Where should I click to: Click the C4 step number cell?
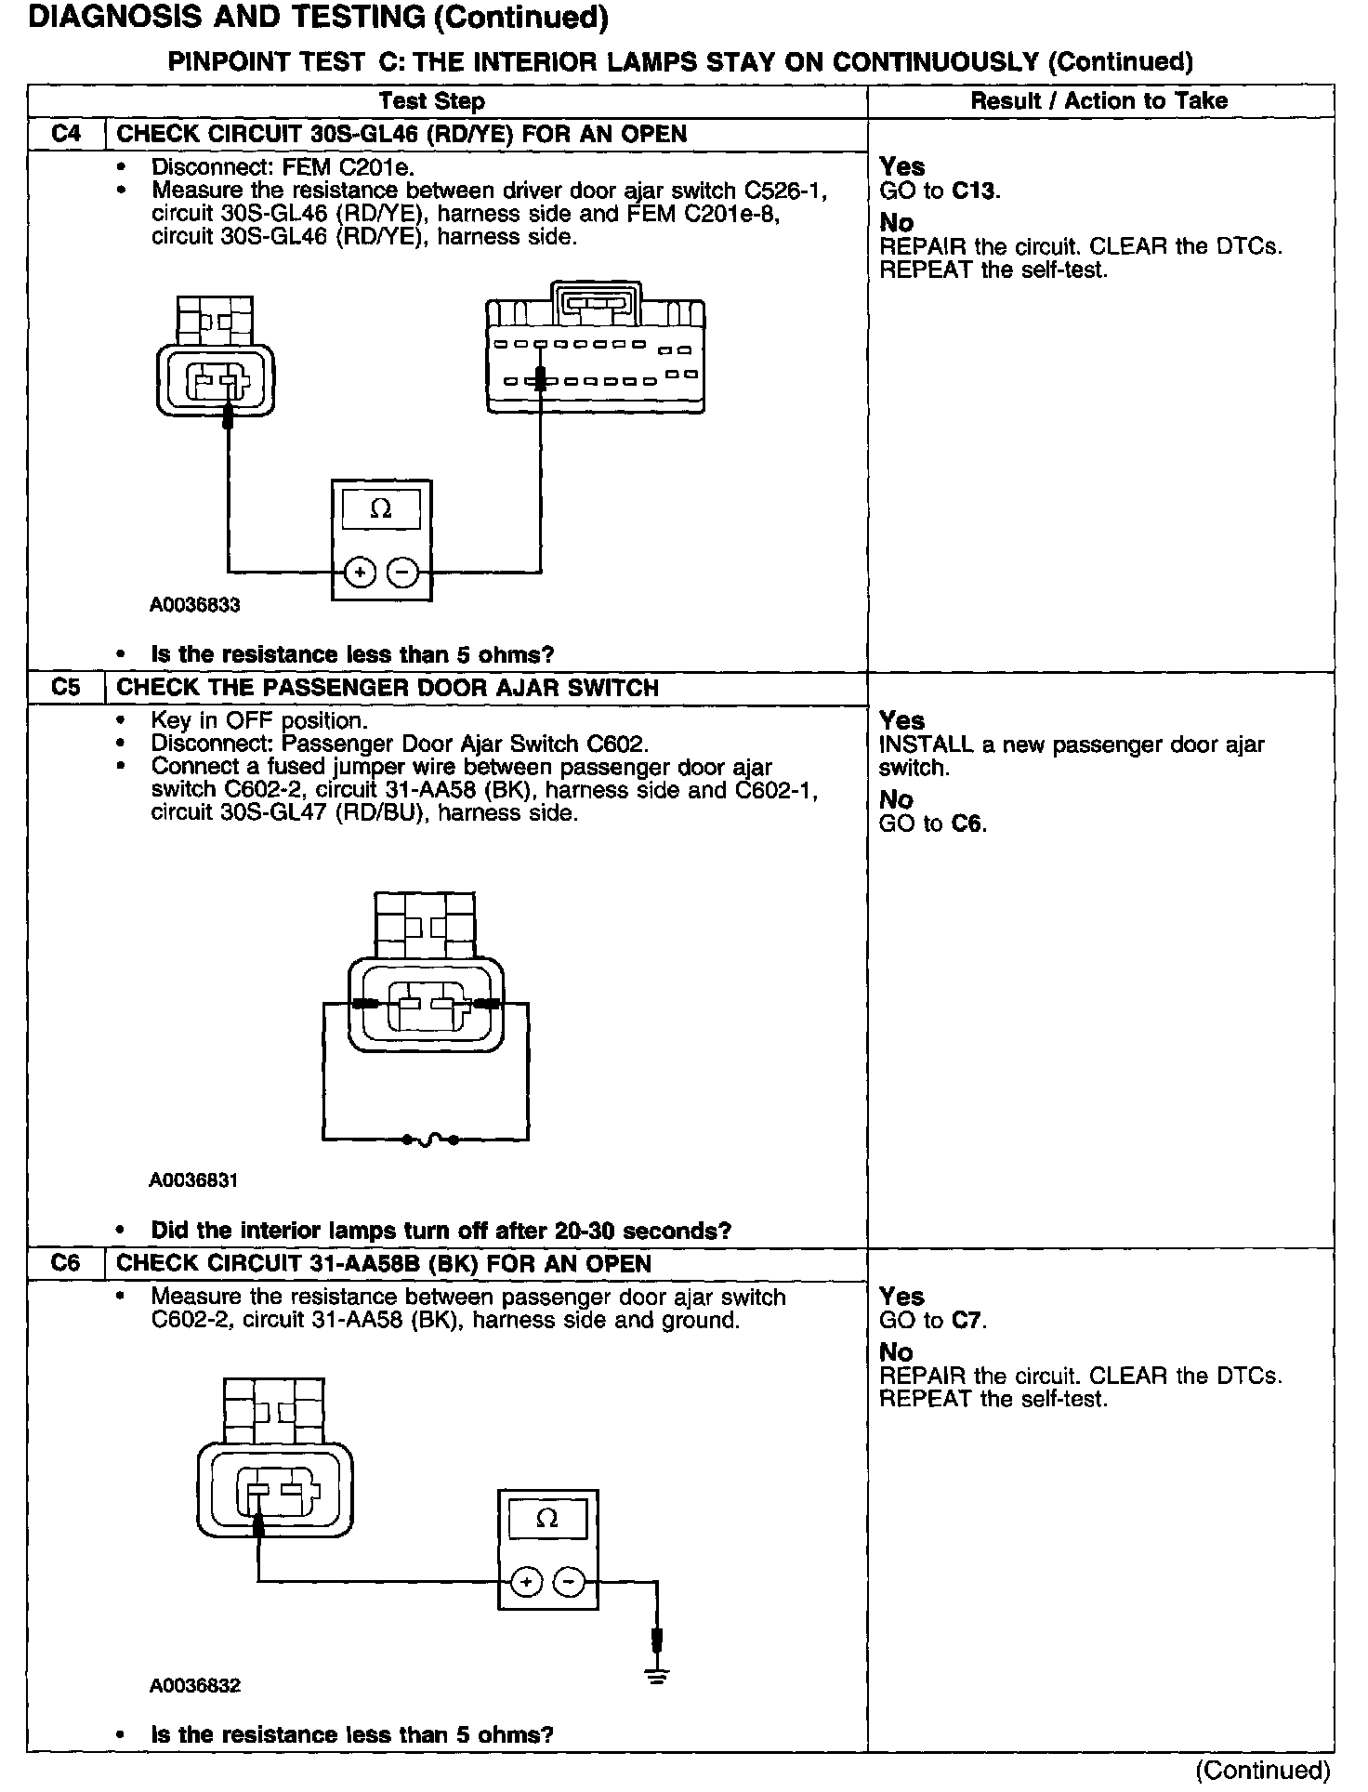(66, 134)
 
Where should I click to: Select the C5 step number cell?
(66, 688)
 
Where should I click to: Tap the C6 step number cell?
(66, 1263)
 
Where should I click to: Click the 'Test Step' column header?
(432, 101)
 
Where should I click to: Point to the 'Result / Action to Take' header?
(1099, 101)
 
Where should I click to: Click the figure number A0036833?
(195, 605)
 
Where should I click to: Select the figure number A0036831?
(194, 1180)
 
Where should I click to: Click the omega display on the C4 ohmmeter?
(381, 509)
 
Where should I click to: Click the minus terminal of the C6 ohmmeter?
(571, 1581)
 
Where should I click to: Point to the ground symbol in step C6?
(657, 1677)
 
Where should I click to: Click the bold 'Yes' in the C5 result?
(901, 720)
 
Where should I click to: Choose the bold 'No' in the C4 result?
(897, 223)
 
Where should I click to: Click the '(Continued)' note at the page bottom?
(1264, 1770)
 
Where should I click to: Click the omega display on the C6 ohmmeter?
(547, 1519)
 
